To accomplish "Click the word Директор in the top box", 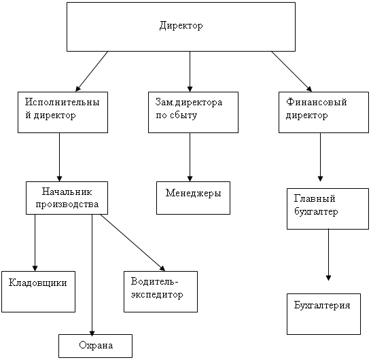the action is [x=181, y=26].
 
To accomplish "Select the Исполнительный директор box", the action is [x=63, y=112].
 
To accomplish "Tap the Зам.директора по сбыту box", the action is [x=193, y=112].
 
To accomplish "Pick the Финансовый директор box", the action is [x=323, y=112].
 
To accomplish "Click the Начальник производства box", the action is [x=67, y=198].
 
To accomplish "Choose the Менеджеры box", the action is [x=193, y=198].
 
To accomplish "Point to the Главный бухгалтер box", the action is [x=328, y=209].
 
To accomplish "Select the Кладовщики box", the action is [x=38, y=291].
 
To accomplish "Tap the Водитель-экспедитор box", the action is [x=160, y=291].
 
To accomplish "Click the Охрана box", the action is [x=95, y=346].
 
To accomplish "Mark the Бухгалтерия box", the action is [x=323, y=314].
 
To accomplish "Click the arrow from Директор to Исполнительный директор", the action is [x=92, y=71].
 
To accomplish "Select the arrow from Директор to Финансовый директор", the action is [x=291, y=71].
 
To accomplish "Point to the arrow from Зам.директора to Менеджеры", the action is [x=190, y=157].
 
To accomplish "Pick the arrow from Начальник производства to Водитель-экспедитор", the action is [x=132, y=242].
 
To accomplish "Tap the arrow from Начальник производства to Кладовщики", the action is [x=35, y=242].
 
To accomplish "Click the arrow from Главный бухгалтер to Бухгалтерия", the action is [x=328, y=255].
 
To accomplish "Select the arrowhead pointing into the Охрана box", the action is [x=92, y=331].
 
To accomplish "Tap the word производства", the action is [x=67, y=204].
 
